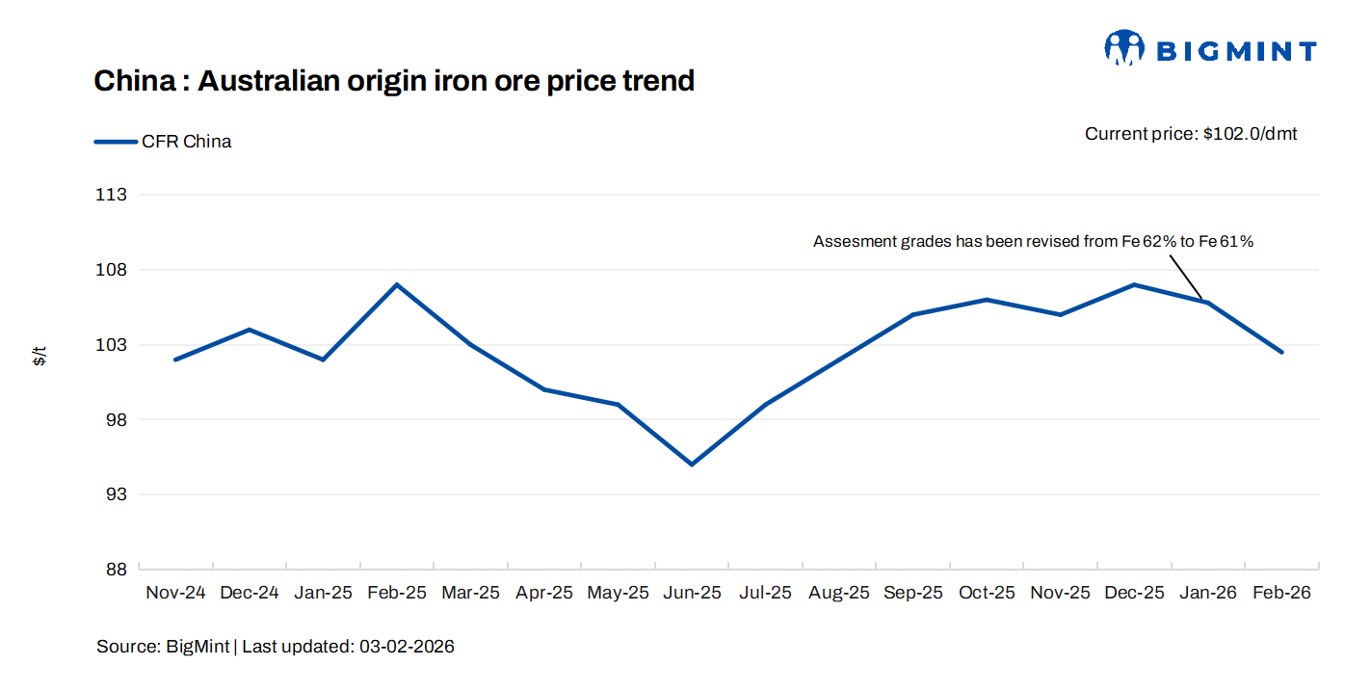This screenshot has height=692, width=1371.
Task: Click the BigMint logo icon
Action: tap(1123, 47)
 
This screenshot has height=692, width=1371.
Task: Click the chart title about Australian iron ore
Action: tap(394, 81)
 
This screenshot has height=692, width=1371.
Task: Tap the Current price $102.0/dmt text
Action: tap(1191, 134)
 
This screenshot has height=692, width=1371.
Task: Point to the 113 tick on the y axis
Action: tap(113, 195)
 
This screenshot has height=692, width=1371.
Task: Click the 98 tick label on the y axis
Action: tap(116, 420)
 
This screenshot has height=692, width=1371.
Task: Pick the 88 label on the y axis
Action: tap(116, 570)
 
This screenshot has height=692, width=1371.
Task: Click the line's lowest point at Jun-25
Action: tap(692, 465)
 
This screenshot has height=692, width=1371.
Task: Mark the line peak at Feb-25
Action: tap(396, 284)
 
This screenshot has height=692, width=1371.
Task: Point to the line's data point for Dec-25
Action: tap(1134, 284)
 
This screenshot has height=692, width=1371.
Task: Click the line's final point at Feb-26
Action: tap(1281, 352)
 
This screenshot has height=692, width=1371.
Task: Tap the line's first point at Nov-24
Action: tap(175, 359)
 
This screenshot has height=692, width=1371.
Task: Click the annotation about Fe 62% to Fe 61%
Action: tap(1033, 242)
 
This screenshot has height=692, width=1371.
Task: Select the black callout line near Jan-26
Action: tap(1187, 276)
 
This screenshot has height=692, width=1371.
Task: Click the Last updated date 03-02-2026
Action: tap(407, 647)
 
